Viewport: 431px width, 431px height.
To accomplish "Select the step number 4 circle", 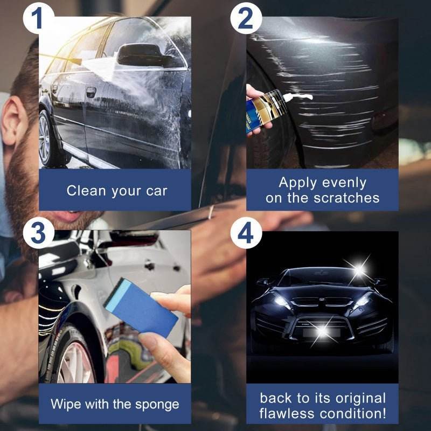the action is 246,233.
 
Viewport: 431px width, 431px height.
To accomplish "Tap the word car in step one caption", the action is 156,191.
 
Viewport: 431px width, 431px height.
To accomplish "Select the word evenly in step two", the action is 345,183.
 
